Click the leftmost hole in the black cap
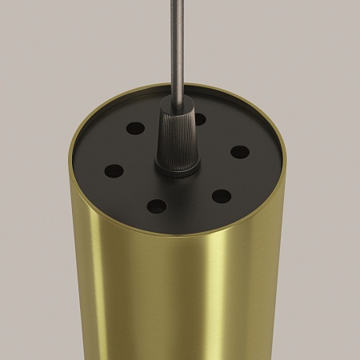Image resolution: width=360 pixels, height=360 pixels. tap(114, 170)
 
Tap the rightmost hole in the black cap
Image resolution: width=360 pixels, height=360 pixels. tap(240, 151)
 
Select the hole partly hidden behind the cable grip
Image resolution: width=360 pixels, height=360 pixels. tap(200, 120)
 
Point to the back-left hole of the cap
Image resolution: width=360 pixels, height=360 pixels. tap(135, 128)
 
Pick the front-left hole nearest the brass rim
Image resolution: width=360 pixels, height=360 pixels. tap(157, 206)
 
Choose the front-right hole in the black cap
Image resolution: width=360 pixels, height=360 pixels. tap(222, 196)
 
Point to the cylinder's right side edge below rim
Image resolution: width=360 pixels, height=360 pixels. tap(282, 264)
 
